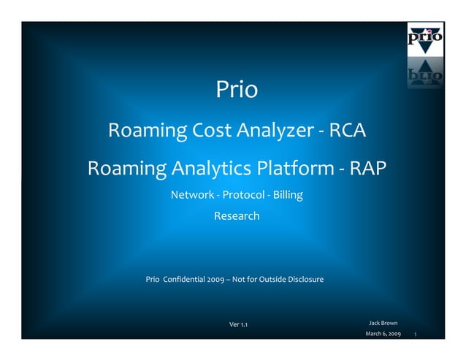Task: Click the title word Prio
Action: point(237,90)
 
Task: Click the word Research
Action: point(236,216)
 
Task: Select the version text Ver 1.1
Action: point(238,324)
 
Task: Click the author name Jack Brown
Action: point(383,322)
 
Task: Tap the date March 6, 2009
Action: point(383,334)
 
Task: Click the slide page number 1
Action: point(415,334)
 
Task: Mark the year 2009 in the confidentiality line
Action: point(215,280)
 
